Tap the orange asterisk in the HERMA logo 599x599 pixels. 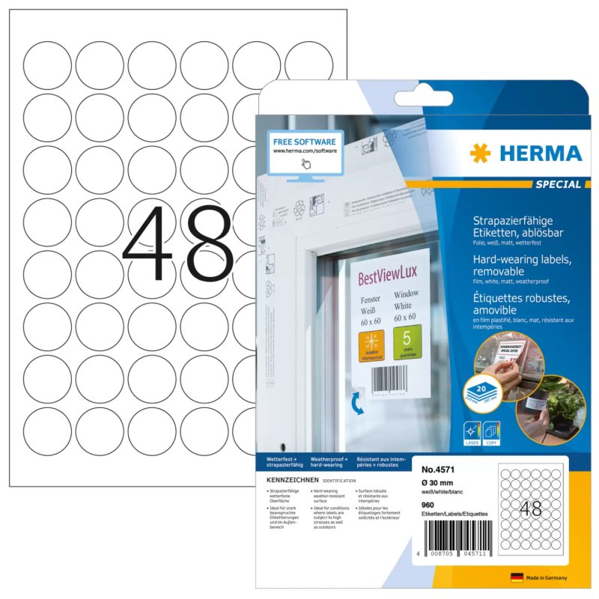tap(481, 153)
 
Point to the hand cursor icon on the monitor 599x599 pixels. tap(305, 164)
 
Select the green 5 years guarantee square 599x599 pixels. tap(407, 341)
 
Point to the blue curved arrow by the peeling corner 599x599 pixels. tap(359, 404)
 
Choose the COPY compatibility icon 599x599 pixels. tap(492, 434)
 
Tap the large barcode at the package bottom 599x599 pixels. tap(454, 537)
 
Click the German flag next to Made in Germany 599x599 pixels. tap(517, 578)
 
